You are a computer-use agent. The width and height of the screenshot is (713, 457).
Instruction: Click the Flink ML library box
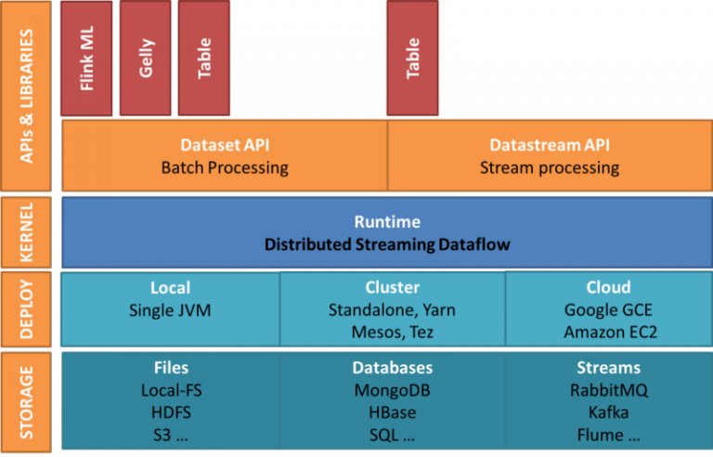[87, 58]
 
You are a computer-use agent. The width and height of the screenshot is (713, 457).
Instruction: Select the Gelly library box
[147, 58]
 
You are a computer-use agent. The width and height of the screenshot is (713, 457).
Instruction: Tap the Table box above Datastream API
[413, 58]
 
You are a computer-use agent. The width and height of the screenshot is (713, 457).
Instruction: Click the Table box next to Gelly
[204, 58]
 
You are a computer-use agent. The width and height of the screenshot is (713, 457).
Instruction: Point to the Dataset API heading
[225, 146]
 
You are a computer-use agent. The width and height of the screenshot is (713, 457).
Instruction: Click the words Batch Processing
[225, 168]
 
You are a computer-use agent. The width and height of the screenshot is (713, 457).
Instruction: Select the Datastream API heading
[550, 146]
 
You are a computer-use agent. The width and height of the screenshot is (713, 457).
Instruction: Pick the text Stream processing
[550, 168]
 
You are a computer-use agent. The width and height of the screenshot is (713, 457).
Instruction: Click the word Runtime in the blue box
[387, 222]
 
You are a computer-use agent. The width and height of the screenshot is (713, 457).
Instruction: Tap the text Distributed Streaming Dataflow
[387, 244]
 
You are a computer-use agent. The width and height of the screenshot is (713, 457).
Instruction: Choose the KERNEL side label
[27, 232]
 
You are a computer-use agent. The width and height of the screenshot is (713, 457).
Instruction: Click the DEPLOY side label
[27, 308]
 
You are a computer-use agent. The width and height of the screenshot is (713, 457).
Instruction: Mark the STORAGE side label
[27, 401]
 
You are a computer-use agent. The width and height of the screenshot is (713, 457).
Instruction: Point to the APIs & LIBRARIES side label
[27, 96]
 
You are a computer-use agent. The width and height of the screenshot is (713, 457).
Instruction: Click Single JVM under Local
[170, 310]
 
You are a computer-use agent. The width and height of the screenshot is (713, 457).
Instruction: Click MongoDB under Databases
[392, 390]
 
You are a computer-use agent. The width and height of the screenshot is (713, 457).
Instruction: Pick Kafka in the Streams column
[608, 411]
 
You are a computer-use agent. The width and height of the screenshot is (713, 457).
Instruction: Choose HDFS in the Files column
[171, 411]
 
